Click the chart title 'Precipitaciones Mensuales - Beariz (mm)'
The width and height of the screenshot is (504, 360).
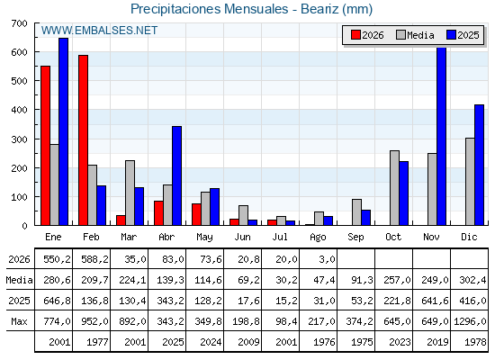[251, 9]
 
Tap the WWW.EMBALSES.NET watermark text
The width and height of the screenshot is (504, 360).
[99, 31]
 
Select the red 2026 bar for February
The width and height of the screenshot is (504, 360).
[83, 140]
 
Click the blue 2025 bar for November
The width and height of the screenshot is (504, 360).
[442, 136]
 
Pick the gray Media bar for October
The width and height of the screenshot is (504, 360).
[395, 188]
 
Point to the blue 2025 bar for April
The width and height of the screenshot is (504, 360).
[176, 175]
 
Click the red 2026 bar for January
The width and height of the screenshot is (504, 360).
[45, 146]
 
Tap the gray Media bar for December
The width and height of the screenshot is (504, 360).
[470, 182]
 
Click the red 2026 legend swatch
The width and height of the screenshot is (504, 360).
[355, 35]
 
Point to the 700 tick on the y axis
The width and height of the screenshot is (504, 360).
[19, 23]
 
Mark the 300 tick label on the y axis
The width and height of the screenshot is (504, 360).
[19, 139]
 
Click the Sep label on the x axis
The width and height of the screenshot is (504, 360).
[355, 238]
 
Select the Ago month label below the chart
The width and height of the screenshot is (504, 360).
[318, 238]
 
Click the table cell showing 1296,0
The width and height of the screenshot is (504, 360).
[470, 321]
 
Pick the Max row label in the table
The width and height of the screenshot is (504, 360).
[19, 321]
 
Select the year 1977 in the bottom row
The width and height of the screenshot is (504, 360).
[97, 342]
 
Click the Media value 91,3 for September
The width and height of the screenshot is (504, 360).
[362, 280]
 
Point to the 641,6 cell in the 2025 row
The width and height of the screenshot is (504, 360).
[435, 301]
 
